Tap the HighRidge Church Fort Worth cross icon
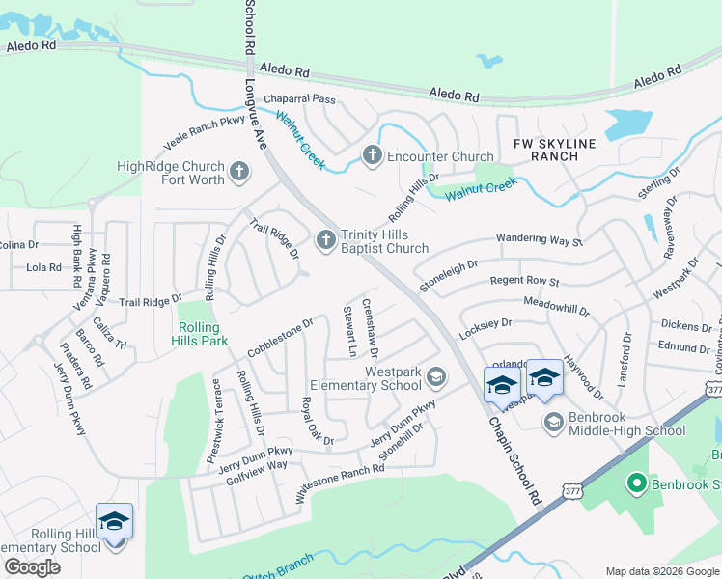[x=239, y=173]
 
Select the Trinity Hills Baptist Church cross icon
[x=326, y=238]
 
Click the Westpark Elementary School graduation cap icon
[x=436, y=376]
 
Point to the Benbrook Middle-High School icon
[x=554, y=422]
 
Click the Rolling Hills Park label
[x=201, y=334]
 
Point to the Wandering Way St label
[x=540, y=238]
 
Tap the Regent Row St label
[x=525, y=281]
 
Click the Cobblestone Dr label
[x=281, y=337]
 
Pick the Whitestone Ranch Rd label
[x=340, y=482]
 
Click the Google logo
[x=32, y=567]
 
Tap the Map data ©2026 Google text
[x=662, y=571]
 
